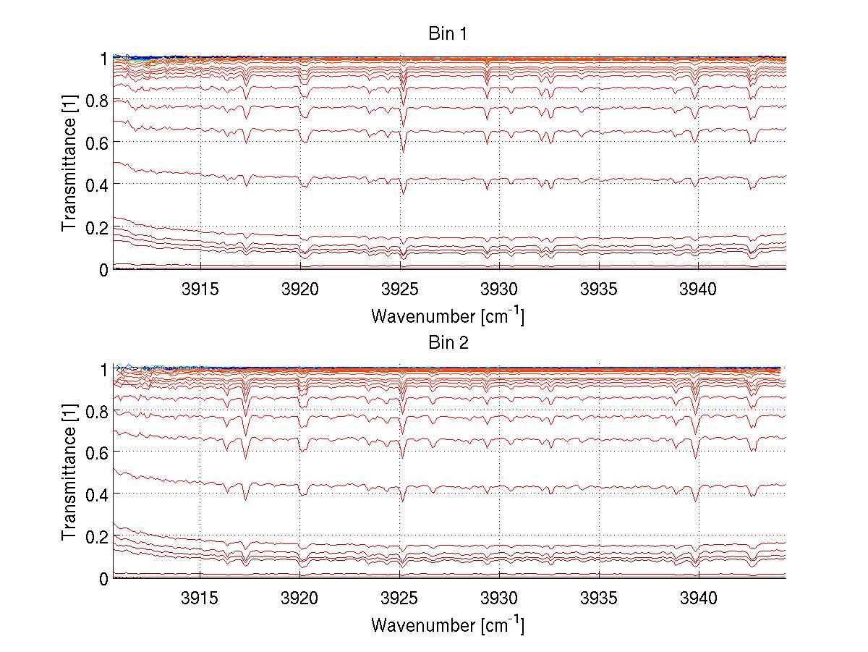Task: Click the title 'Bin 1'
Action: (448, 33)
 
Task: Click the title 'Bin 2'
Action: (448, 343)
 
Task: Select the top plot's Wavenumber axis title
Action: (448, 316)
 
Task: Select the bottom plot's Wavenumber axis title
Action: (448, 625)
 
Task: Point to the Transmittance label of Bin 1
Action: (69, 163)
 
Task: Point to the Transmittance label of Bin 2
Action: (69, 472)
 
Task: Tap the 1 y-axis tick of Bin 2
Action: (104, 368)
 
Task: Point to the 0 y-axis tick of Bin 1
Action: (104, 270)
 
